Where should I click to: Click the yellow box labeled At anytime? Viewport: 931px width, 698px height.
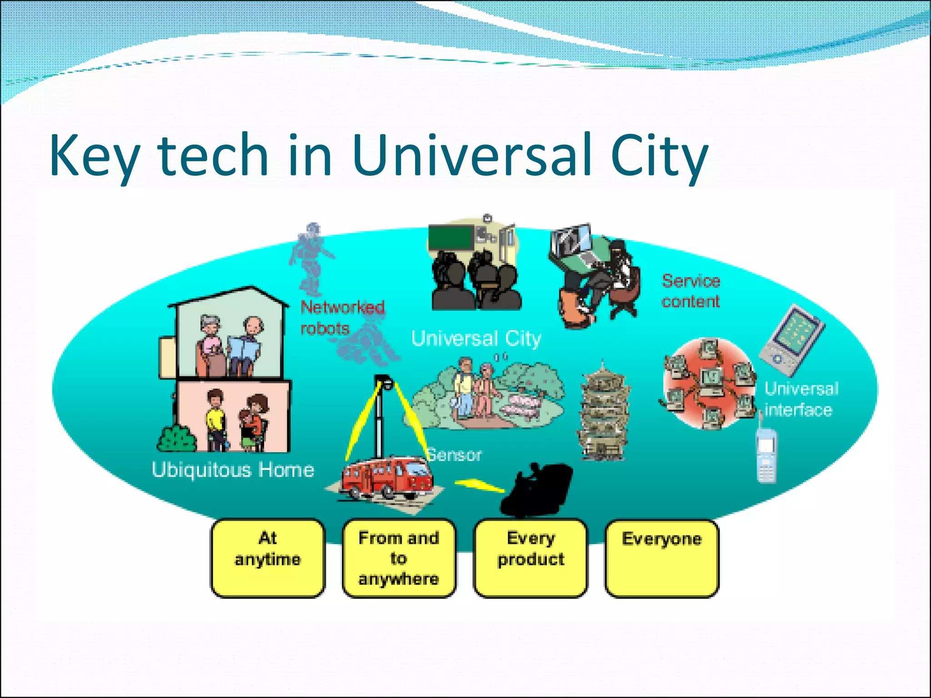coord(268,558)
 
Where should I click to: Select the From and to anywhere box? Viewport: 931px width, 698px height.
coord(399,558)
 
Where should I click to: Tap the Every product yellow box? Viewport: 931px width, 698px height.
coord(531,558)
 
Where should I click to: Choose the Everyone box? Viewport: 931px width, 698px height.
coord(662,558)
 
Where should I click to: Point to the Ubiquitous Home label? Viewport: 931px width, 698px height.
coord(233,470)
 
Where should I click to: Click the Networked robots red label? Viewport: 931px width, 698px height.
coord(342,317)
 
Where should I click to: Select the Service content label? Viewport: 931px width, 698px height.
coord(691,291)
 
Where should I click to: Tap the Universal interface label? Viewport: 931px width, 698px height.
coord(801,399)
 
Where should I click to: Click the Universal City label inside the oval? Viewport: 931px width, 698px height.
coord(476,339)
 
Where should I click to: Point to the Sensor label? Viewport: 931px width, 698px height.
coord(454,455)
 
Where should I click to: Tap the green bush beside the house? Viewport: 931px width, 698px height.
coord(177,439)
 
